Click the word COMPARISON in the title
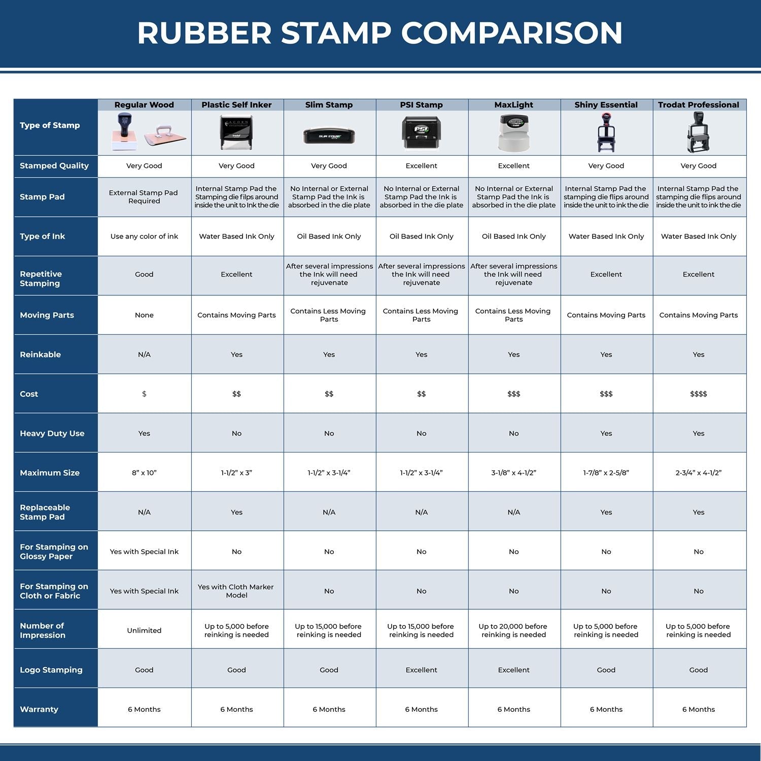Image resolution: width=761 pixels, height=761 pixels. click(x=511, y=33)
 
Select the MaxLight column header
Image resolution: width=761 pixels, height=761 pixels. click(x=513, y=105)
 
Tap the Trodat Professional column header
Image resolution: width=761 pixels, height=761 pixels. click(x=698, y=105)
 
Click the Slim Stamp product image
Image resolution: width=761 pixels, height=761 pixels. click(x=329, y=135)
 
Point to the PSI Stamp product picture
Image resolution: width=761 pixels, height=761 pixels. click(x=421, y=133)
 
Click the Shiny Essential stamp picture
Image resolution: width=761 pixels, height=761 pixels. click(x=606, y=132)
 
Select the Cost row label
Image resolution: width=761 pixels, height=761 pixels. click(x=29, y=394)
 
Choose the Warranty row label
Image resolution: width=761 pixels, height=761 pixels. click(x=39, y=709)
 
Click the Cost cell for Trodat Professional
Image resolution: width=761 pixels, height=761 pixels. click(x=698, y=394)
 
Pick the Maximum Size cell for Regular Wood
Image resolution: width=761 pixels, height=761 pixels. click(x=144, y=473)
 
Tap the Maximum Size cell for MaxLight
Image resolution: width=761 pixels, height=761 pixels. click(x=513, y=473)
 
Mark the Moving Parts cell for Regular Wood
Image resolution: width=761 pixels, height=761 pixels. click(x=144, y=315)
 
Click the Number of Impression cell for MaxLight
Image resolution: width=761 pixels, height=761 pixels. click(x=513, y=631)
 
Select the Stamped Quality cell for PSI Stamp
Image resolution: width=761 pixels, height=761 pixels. click(x=421, y=166)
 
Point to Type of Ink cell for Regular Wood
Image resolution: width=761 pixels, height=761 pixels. click(x=144, y=236)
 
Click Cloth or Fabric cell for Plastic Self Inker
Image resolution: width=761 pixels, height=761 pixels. click(x=236, y=591)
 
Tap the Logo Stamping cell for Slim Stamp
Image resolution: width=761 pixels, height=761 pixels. click(x=329, y=670)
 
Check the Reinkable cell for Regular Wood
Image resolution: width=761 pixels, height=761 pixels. click(x=144, y=355)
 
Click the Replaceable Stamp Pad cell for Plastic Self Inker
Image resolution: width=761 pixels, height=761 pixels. click(x=236, y=512)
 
